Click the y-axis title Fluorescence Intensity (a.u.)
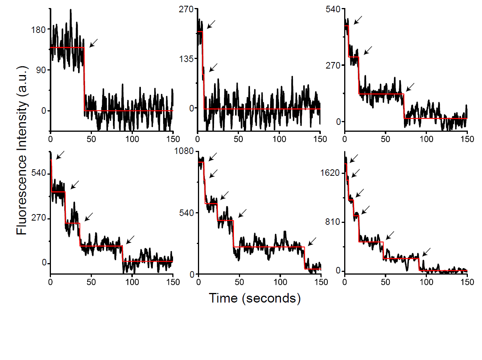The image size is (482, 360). pos(22,150)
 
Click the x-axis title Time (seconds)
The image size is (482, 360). pos(254,298)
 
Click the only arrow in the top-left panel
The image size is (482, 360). pos(94,43)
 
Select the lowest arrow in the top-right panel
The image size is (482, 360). pos(410,87)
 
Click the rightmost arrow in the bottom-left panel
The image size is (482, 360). pos(131,239)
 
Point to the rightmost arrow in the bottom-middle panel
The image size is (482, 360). pos(312,241)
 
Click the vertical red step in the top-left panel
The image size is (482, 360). pos(84,79)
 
